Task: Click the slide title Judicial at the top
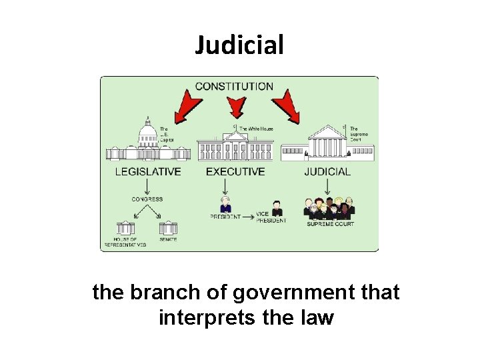pyautogui.click(x=240, y=45)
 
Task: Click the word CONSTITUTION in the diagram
pyautogui.click(x=233, y=86)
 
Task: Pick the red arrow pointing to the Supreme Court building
pyautogui.click(x=285, y=107)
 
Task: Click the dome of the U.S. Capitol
pyautogui.click(x=147, y=133)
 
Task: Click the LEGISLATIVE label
pyautogui.click(x=148, y=171)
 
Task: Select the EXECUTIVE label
pyautogui.click(x=235, y=171)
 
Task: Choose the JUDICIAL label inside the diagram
pyautogui.click(x=327, y=171)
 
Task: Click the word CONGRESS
pyautogui.click(x=147, y=199)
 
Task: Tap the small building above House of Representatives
pyautogui.click(x=125, y=227)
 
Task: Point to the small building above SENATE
pyautogui.click(x=168, y=227)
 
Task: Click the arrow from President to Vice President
pyautogui.click(x=249, y=217)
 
